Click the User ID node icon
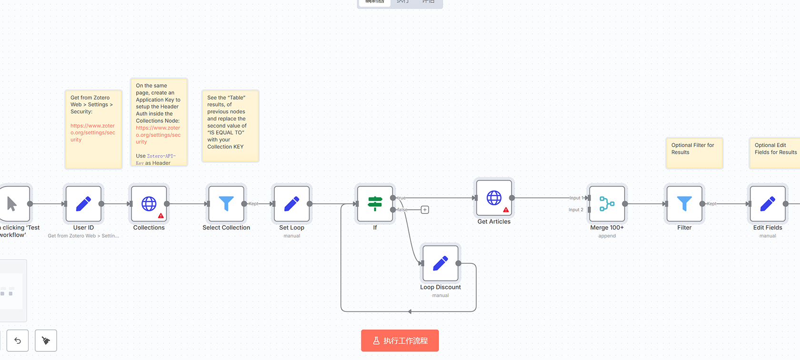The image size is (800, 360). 83,204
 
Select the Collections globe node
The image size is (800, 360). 149,204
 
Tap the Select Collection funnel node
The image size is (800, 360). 226,204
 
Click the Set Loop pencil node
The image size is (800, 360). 291,204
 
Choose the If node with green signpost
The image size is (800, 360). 375,204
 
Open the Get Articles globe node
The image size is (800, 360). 494,198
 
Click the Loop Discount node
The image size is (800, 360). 440,263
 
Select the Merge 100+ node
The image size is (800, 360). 607,204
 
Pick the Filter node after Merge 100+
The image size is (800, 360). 684,204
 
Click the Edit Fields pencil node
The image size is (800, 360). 768,204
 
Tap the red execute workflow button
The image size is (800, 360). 400,341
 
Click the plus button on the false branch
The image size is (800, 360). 425,210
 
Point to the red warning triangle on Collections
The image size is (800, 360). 161,216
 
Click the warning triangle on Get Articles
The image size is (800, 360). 506,210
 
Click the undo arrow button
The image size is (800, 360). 18,341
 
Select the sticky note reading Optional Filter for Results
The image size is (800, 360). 694,152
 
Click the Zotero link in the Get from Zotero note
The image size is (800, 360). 92,133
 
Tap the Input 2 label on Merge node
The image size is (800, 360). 576,210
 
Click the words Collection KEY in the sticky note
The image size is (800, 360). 225,147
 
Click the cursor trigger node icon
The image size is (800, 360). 12,204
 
